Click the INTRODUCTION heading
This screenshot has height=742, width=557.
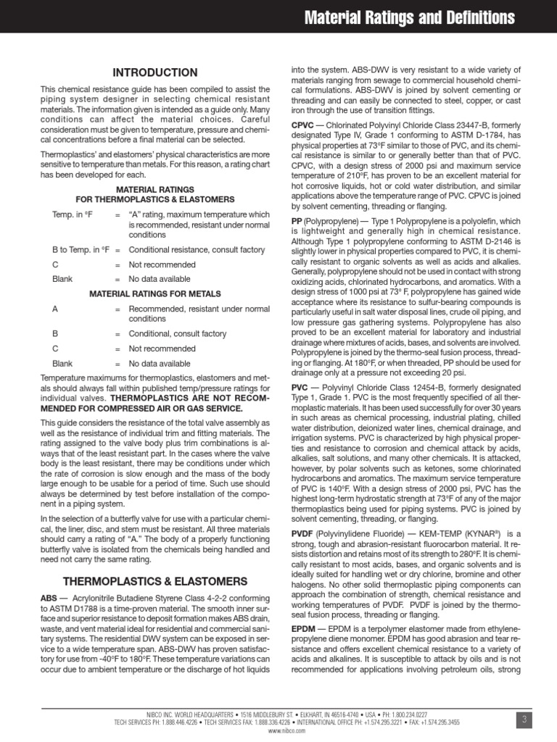pos(155,72)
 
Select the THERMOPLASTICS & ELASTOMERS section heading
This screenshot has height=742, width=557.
pos(155,581)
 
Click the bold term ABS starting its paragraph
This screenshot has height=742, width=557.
pos(49,599)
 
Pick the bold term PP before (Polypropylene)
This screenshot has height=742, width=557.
pos(296,220)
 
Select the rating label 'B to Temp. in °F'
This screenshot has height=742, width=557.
pos(80,250)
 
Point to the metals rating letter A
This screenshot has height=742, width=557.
pos(55,309)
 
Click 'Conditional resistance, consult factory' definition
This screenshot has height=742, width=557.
pos(197,250)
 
